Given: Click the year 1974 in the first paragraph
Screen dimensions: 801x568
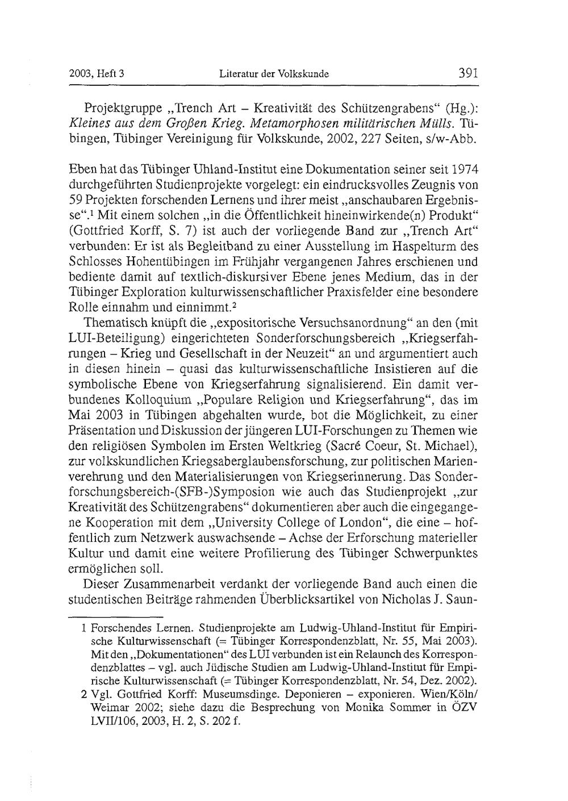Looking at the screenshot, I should pos(464,170).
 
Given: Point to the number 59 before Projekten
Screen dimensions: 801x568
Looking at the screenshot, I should pos(76,201).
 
